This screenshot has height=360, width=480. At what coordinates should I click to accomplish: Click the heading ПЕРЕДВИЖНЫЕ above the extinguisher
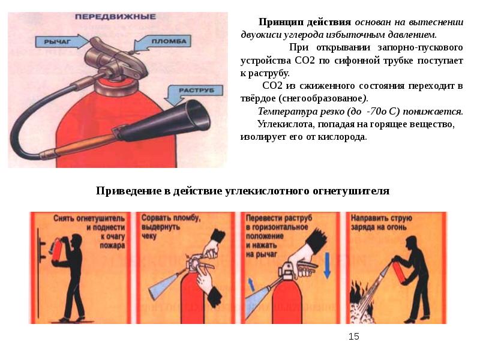tap(115, 17)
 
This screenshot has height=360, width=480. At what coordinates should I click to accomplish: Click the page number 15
tap(353, 337)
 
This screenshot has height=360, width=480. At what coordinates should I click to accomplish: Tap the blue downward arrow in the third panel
tap(327, 265)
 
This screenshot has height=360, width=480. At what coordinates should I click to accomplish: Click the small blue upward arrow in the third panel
tap(251, 284)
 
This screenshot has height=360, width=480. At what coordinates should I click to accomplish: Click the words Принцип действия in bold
tap(305, 22)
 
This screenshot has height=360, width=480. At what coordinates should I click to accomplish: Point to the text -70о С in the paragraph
tap(383, 112)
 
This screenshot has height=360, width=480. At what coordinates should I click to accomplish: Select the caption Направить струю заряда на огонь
tap(381, 223)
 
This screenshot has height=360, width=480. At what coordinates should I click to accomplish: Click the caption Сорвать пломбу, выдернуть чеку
tap(170, 227)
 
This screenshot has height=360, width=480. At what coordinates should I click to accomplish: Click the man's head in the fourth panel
tap(412, 244)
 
